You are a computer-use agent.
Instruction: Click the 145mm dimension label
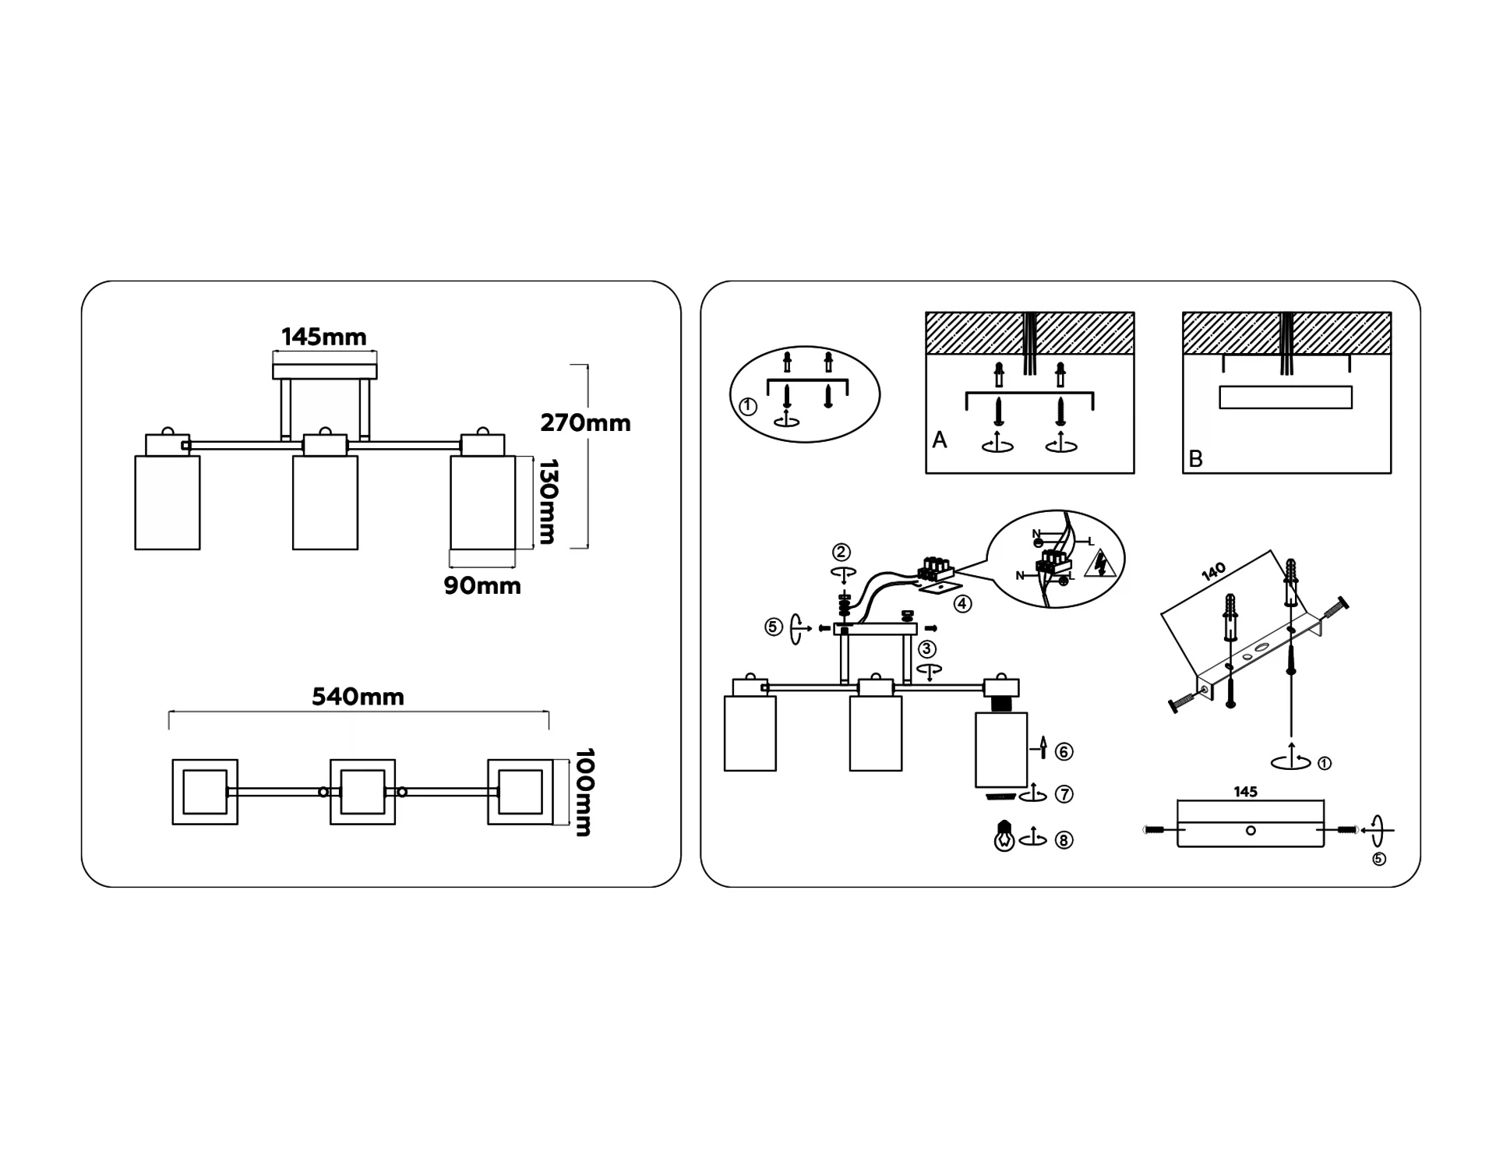(x=323, y=337)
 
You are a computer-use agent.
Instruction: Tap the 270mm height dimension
(x=585, y=423)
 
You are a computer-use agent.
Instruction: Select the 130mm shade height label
(x=549, y=501)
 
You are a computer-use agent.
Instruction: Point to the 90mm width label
(x=482, y=585)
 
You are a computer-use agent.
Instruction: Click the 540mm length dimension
(x=358, y=697)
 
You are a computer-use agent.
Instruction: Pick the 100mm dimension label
(x=584, y=792)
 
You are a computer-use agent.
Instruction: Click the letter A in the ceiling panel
(x=940, y=440)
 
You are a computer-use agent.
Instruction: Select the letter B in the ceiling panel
(x=1196, y=459)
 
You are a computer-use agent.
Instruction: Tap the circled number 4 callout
(x=963, y=603)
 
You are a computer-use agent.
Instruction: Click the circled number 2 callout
(x=841, y=553)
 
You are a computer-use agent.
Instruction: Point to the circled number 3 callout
(x=926, y=649)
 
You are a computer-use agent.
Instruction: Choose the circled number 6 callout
(x=1064, y=751)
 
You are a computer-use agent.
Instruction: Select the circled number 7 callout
(x=1064, y=794)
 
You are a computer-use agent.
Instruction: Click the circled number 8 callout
(x=1064, y=840)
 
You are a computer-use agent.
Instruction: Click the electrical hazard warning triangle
(x=1101, y=565)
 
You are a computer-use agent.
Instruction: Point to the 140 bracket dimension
(x=1213, y=572)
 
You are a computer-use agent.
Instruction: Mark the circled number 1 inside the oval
(x=748, y=406)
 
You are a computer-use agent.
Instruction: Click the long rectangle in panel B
(x=1286, y=397)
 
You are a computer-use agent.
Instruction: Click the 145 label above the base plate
(x=1245, y=792)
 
